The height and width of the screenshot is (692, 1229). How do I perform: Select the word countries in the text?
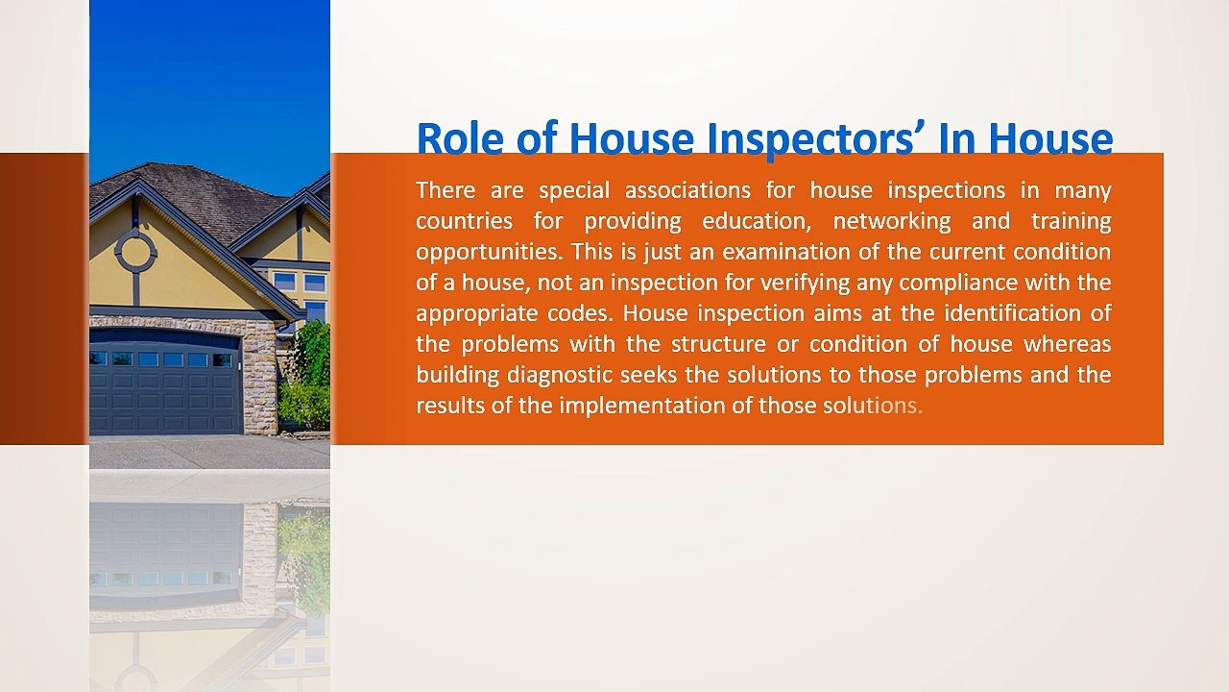point(464,221)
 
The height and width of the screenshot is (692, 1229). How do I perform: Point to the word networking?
point(891,221)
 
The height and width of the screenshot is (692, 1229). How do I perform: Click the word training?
point(1071,221)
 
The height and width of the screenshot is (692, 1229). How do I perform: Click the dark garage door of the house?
point(165,384)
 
